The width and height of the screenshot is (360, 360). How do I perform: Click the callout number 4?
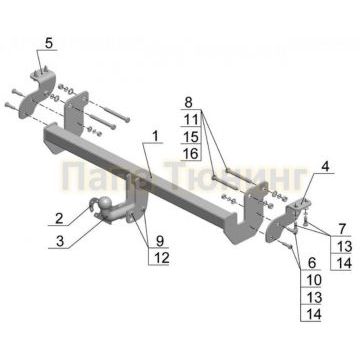pos(323,166)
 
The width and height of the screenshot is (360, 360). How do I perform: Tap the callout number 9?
pos(160,241)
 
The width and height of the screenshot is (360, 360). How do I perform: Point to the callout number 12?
pos(160,259)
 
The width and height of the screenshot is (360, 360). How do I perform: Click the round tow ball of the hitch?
pos(100,205)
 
